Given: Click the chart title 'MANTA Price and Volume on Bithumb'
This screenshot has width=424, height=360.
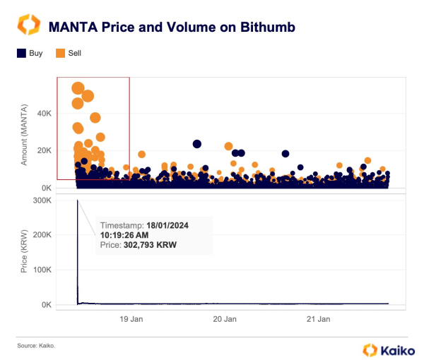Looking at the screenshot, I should tap(171, 28).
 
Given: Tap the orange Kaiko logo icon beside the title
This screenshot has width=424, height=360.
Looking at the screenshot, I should tap(28, 26).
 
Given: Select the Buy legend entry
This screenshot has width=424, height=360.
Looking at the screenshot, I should tap(29, 53).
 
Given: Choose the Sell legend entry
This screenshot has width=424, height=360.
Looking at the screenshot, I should tap(69, 53).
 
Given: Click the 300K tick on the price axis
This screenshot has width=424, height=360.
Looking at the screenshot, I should tap(41, 200).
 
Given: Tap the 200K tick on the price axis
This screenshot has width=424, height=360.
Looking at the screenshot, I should tap(41, 235).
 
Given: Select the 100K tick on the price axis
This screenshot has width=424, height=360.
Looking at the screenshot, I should tap(41, 270).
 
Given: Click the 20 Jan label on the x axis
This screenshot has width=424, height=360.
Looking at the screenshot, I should tap(225, 320).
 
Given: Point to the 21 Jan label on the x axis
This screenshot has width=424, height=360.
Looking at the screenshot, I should tap(319, 320).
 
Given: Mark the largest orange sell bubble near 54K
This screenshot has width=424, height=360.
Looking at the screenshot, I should tap(78, 88).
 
